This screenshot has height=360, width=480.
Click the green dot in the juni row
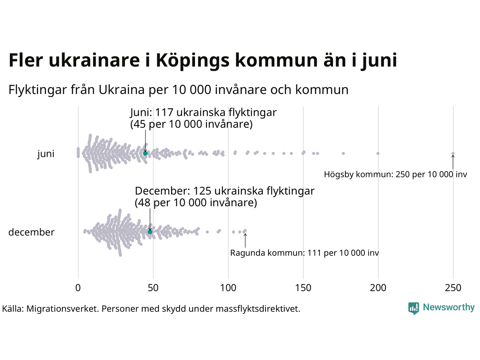pyautogui.click(x=145, y=153)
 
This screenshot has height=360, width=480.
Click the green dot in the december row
pyautogui.click(x=150, y=232)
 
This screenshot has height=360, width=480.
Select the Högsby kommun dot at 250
pyautogui.click(x=453, y=153)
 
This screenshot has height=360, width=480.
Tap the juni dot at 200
pyautogui.click(x=378, y=153)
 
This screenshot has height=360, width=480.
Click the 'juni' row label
pyautogui.click(x=46, y=154)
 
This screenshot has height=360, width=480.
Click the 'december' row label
pyautogui.click(x=31, y=232)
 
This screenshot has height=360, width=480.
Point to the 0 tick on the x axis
pyautogui.click(x=78, y=288)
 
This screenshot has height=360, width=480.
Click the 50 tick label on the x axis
pyautogui.click(x=153, y=288)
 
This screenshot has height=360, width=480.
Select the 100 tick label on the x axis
pyautogui.click(x=228, y=288)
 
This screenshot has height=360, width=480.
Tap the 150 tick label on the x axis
pyautogui.click(x=303, y=288)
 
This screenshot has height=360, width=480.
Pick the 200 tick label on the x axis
pyautogui.click(x=378, y=288)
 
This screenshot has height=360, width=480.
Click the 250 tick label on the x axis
pyautogui.click(x=453, y=288)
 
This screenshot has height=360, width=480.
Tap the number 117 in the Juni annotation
pyautogui.click(x=164, y=112)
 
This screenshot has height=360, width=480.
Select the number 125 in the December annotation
pyautogui.click(x=202, y=191)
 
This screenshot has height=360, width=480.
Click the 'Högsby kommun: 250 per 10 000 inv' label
pyautogui.click(x=396, y=174)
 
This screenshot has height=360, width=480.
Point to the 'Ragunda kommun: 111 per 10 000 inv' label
pyautogui.click(x=304, y=253)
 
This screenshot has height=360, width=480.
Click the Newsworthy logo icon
pyautogui.click(x=414, y=308)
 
